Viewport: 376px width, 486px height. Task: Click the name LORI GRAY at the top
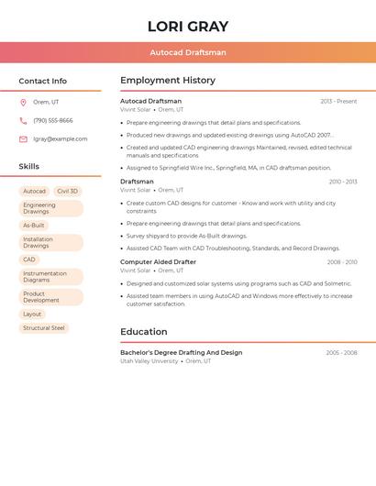(x=188, y=27)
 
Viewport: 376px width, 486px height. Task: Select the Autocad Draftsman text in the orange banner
(x=188, y=52)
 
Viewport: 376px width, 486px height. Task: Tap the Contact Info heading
(x=42, y=81)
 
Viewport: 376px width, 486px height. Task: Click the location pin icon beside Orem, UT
(x=23, y=102)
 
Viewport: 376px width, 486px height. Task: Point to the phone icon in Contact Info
(x=23, y=120)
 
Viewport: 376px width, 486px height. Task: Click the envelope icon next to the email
(x=23, y=139)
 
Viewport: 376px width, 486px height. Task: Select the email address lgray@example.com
(x=61, y=139)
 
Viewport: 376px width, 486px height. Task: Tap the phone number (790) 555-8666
(x=53, y=120)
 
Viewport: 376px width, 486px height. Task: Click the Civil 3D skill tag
(x=67, y=192)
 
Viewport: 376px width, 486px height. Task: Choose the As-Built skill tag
(x=34, y=226)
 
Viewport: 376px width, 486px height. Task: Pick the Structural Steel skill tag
(x=44, y=328)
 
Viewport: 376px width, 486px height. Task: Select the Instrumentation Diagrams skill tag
(x=46, y=276)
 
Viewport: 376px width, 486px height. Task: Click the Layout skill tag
(x=32, y=315)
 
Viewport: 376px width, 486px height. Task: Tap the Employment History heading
(x=168, y=81)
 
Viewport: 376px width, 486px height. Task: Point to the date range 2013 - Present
(x=338, y=101)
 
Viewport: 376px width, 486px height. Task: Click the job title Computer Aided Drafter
(x=158, y=262)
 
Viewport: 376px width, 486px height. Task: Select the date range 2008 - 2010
(x=342, y=262)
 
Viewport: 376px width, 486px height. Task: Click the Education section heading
(x=145, y=332)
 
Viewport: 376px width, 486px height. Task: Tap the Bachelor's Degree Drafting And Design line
(x=182, y=352)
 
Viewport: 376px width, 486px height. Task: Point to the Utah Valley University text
(x=149, y=361)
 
